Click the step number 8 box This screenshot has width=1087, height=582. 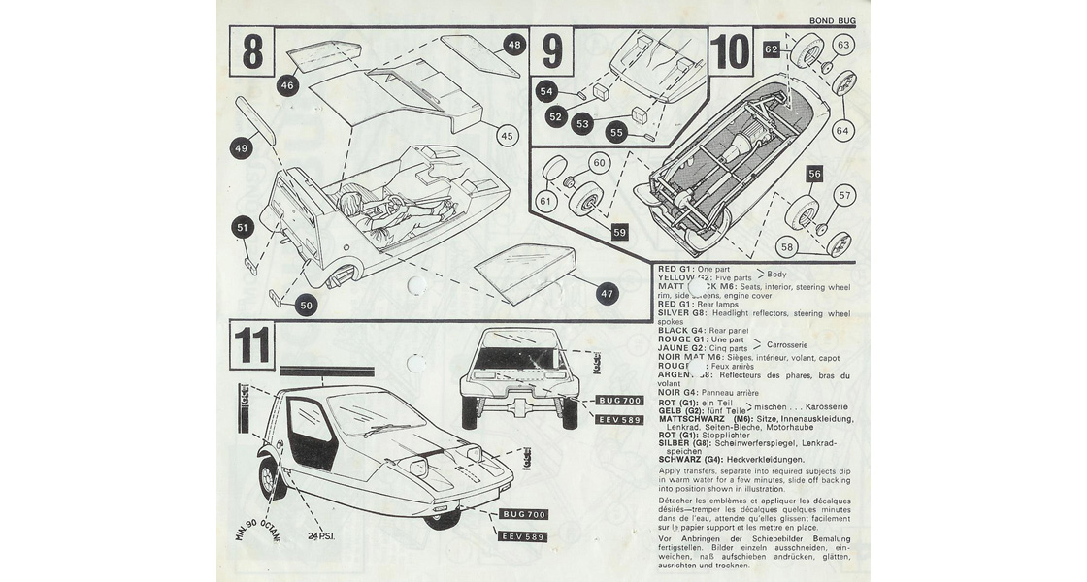pyautogui.click(x=252, y=53)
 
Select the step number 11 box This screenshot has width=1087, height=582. pyautogui.click(x=252, y=345)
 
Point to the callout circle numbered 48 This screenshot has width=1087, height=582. pyautogui.click(x=514, y=45)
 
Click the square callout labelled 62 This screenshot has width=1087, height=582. pyautogui.click(x=771, y=47)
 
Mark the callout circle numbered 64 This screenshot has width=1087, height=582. pyautogui.click(x=841, y=130)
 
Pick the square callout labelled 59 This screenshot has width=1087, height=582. pyautogui.click(x=619, y=233)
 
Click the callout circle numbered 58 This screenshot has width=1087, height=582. pyautogui.click(x=787, y=248)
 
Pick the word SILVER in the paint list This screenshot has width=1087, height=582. pyautogui.click(x=676, y=314)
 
